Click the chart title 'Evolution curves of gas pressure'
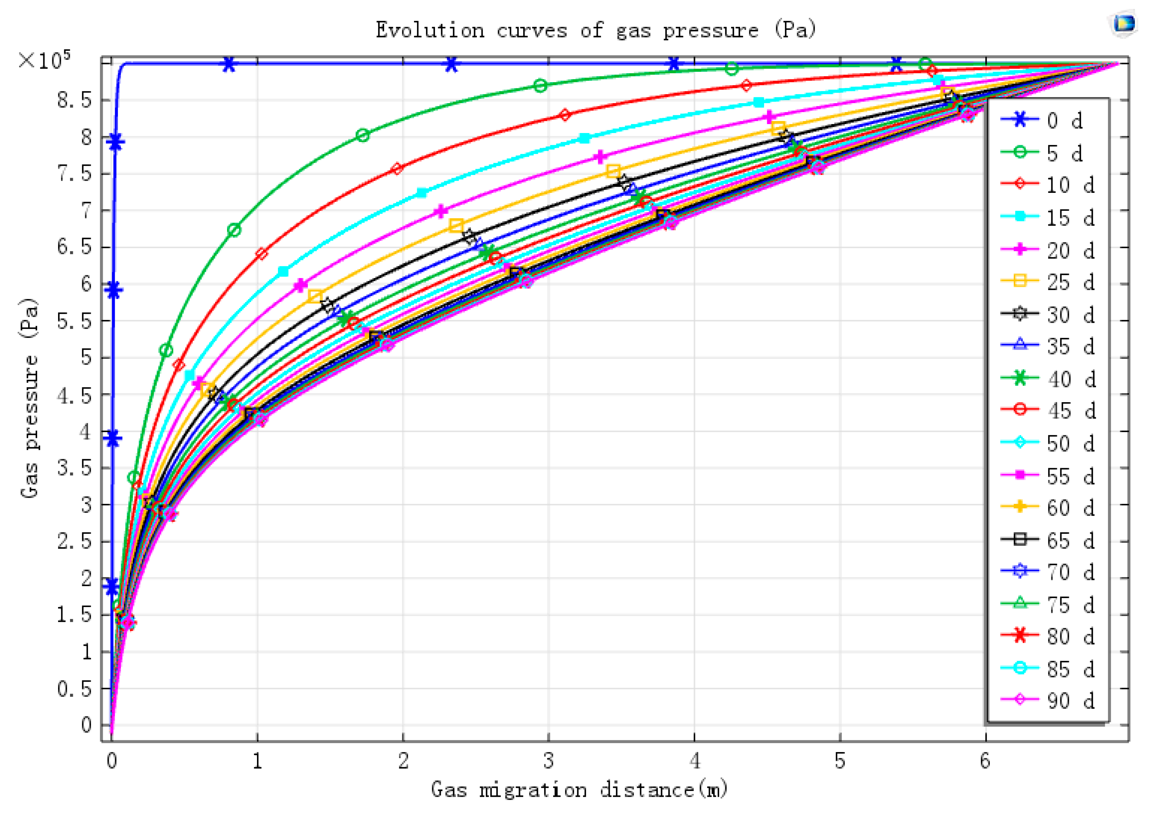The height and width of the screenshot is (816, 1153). (596, 30)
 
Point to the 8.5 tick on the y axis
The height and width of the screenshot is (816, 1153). (74, 100)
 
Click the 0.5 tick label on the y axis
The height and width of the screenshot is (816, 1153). (74, 688)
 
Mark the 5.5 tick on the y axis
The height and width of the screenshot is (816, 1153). (74, 321)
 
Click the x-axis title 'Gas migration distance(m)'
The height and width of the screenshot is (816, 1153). (579, 790)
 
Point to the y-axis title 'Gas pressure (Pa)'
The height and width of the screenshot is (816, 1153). (29, 398)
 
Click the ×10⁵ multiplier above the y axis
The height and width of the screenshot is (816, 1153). (44, 60)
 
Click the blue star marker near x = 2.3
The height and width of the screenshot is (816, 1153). (451, 64)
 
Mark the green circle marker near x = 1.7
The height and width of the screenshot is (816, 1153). (362, 135)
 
